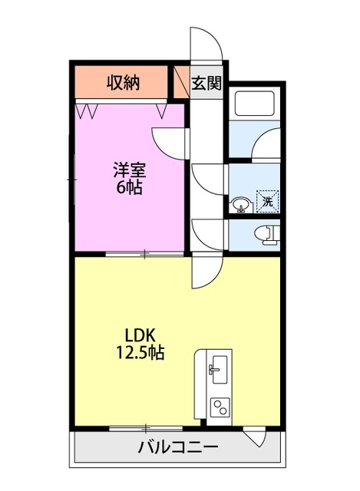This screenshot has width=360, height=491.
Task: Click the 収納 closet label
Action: click(122, 81)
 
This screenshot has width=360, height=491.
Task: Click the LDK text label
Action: click(140, 335)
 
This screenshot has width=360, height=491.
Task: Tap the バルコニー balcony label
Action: click(178, 447)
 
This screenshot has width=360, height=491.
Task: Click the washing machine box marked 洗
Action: click(267, 201)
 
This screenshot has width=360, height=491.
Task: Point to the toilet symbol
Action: click(268, 236)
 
